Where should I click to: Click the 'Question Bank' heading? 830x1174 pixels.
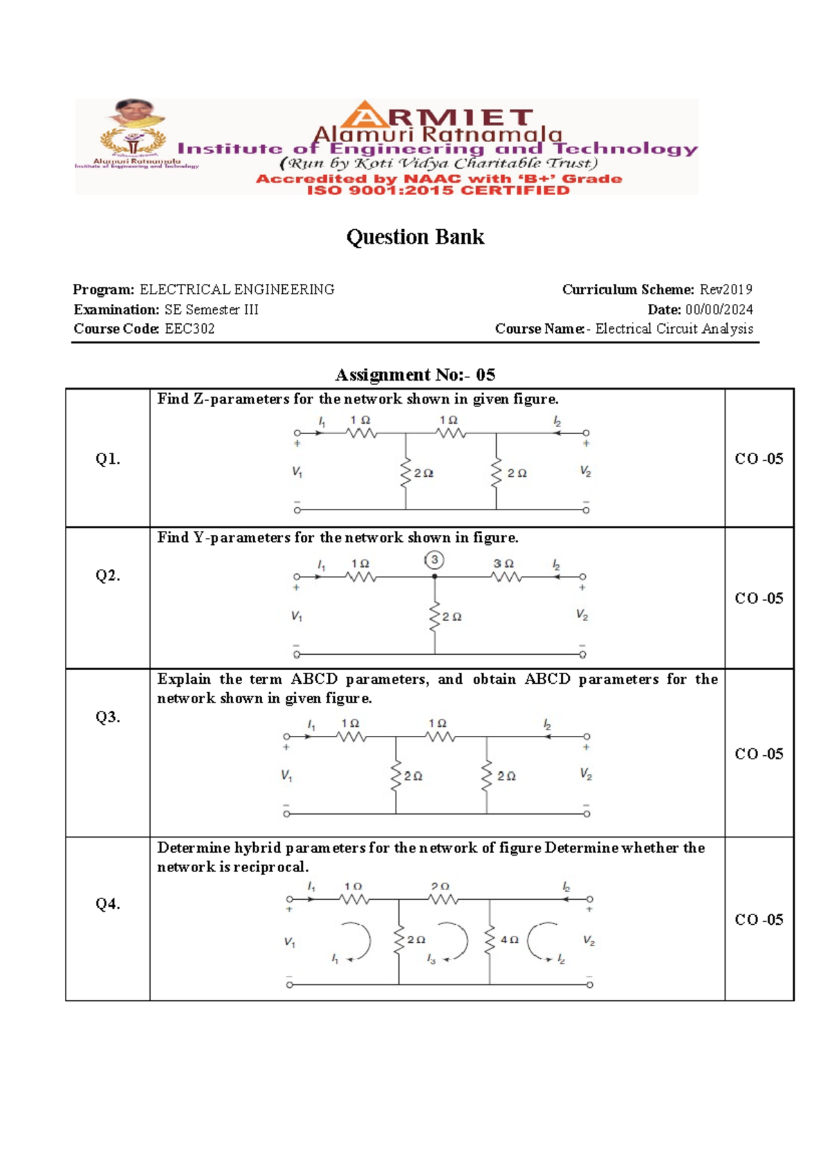tap(415, 237)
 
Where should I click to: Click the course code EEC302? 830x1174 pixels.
tap(190, 329)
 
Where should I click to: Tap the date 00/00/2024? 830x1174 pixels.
tap(719, 309)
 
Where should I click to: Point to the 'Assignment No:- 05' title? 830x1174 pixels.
tap(415, 374)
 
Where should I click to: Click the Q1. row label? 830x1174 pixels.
tap(108, 458)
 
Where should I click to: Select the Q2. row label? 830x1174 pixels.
tap(108, 575)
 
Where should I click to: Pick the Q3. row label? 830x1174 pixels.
tap(108, 716)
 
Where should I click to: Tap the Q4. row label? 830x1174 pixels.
tap(108, 903)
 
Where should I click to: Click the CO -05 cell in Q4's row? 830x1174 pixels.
tap(759, 919)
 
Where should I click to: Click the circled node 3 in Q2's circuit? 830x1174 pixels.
tap(434, 560)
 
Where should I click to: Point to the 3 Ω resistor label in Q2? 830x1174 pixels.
tap(504, 564)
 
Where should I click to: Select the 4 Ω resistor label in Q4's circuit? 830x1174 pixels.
tap(510, 939)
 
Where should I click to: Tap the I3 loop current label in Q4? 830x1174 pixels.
tap(431, 959)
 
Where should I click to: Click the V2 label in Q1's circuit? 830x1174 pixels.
tap(585, 471)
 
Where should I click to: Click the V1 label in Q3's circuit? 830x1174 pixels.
tap(286, 775)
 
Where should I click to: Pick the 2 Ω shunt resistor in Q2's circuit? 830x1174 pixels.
tap(435, 616)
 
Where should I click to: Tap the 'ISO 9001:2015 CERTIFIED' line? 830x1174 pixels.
tap(438, 190)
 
